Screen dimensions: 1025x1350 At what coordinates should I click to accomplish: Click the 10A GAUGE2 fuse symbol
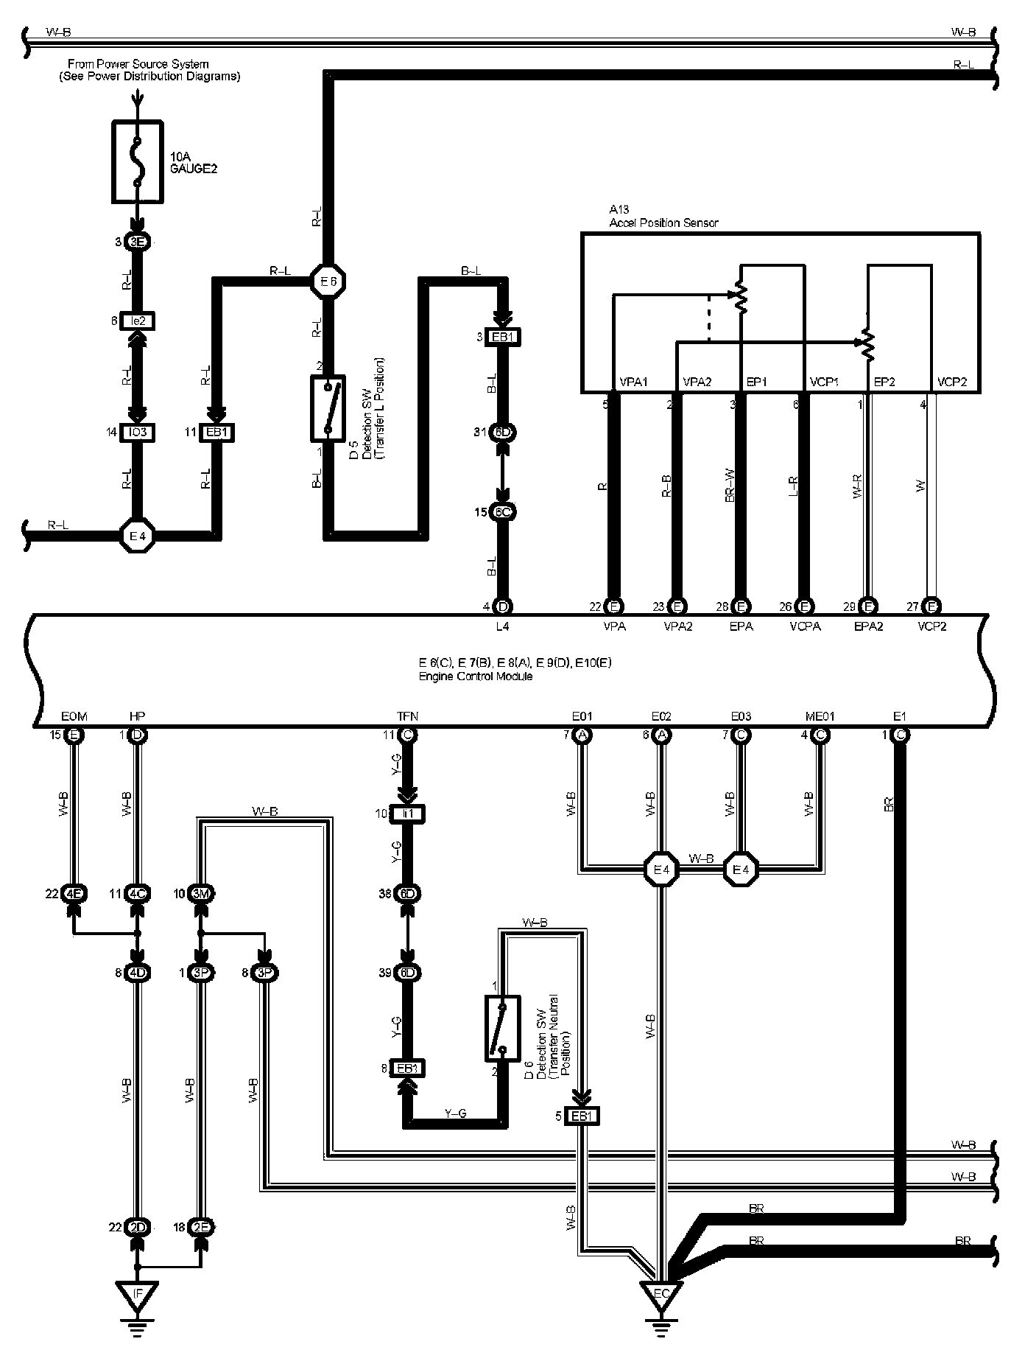137,161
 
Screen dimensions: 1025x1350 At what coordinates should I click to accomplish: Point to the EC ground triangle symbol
662,1294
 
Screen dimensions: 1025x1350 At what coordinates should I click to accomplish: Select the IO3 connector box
137,433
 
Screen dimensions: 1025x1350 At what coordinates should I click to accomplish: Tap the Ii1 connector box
407,814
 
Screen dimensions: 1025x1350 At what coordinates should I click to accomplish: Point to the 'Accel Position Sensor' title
663,223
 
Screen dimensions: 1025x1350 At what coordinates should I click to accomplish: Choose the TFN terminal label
407,716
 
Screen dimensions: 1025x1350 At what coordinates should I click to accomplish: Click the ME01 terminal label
820,716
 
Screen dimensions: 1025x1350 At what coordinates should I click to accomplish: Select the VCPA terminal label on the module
805,626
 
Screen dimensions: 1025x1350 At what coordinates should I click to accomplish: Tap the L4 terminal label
502,626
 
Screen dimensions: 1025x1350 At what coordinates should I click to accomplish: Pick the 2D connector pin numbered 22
137,1227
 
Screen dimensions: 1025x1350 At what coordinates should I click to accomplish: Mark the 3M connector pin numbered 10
201,894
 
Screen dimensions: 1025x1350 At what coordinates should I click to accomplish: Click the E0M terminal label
74,716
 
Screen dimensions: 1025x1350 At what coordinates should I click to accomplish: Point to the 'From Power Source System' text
138,65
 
